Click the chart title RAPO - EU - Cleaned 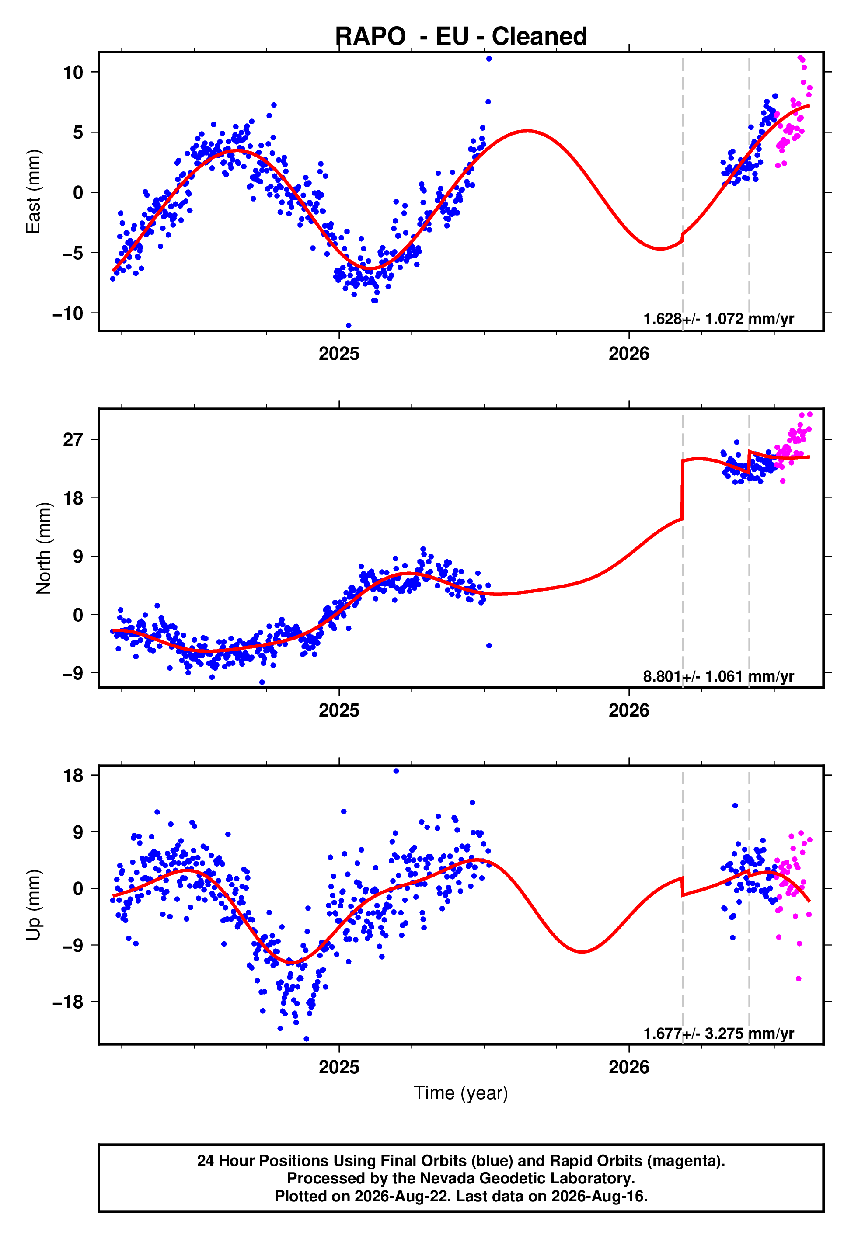[x=461, y=37]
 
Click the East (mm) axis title [x=33, y=192]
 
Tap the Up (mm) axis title [x=33, y=905]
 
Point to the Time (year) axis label [x=461, y=1093]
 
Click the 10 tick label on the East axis [x=73, y=72]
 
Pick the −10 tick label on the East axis [x=68, y=313]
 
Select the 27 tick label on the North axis [x=73, y=439]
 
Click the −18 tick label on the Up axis [x=68, y=1002]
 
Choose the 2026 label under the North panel [x=629, y=710]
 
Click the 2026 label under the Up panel [x=629, y=1067]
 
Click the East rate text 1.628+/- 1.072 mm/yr [x=719, y=319]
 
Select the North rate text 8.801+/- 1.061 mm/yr [x=719, y=676]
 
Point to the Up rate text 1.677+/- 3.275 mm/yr [x=719, y=1033]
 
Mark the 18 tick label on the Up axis [x=73, y=775]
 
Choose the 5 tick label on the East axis [x=78, y=132]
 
